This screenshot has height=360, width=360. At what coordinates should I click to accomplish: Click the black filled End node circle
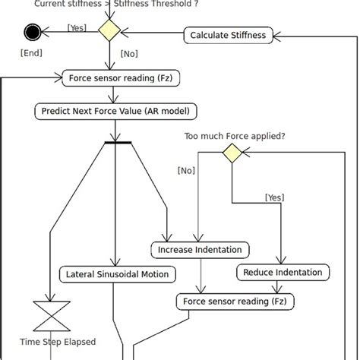(x=32, y=32)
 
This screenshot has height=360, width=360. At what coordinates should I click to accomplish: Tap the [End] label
(x=31, y=53)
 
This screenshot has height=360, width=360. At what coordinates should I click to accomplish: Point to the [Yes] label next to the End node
(x=77, y=27)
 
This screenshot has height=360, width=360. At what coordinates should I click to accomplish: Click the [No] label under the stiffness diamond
(x=129, y=54)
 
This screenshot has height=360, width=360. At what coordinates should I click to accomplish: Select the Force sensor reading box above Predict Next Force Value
(x=113, y=77)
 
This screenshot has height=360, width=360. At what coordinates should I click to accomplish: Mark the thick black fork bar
(x=118, y=142)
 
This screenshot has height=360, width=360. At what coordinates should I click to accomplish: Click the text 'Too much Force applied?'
(x=235, y=136)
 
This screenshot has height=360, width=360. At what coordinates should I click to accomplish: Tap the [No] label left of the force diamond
(x=187, y=170)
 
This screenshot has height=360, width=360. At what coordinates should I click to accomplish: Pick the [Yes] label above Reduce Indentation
(x=274, y=197)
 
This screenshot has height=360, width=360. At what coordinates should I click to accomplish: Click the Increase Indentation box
(x=201, y=249)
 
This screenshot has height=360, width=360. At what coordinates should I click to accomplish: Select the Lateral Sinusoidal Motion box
(x=117, y=273)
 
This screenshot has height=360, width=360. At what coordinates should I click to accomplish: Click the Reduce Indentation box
(x=283, y=272)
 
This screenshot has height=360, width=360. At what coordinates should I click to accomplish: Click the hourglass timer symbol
(x=51, y=314)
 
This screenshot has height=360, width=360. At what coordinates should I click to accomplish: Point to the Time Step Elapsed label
(x=58, y=342)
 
